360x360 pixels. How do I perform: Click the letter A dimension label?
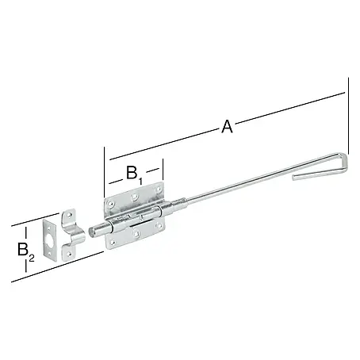227,126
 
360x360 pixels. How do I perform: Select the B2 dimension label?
26,251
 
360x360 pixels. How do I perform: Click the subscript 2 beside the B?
32,258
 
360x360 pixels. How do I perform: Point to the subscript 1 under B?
140,181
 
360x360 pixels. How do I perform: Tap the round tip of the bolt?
91,232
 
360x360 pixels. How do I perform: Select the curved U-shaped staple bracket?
73,234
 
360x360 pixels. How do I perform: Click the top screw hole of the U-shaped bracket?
70,215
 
